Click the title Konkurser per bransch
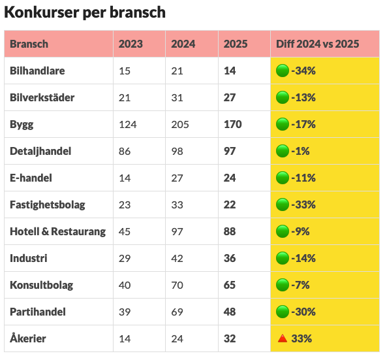(85, 12)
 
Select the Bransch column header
(29, 44)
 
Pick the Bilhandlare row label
(37, 71)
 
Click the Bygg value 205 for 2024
(180, 124)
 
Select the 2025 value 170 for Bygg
(233, 124)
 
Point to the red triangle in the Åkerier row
(283, 338)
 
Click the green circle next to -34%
(283, 71)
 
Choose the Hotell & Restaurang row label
(58, 231)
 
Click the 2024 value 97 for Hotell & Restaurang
(177, 231)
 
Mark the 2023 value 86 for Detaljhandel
(125, 151)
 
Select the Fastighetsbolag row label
(48, 205)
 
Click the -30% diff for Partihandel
(304, 312)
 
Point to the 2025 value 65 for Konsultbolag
(230, 285)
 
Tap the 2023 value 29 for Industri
(125, 258)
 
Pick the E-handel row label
(31, 178)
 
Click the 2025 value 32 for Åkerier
(230, 338)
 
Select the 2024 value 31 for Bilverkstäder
(177, 97)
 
